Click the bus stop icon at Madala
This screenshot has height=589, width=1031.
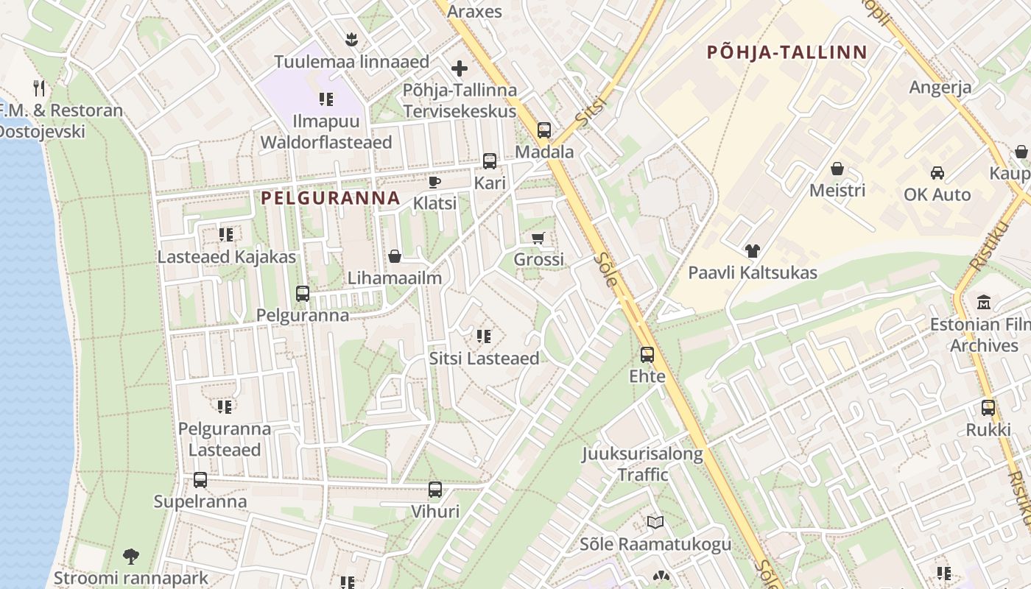[x=544, y=130]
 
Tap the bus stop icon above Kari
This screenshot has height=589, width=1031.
[x=490, y=161]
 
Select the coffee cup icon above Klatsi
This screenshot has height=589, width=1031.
[x=434, y=182]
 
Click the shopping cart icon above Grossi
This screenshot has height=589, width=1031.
[x=538, y=238]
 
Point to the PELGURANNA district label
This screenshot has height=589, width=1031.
[x=331, y=198]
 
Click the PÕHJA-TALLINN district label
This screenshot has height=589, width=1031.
[x=787, y=52]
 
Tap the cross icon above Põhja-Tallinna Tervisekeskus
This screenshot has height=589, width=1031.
[x=460, y=69]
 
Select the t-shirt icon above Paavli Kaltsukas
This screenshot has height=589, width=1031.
[x=752, y=251]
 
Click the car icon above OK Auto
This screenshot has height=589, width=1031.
[x=937, y=173]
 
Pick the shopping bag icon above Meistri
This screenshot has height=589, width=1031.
[x=837, y=169]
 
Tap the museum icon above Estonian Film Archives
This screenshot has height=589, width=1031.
[x=984, y=303]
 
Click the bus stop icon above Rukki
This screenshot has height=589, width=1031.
[x=988, y=408]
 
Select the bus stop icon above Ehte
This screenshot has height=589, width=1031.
[x=647, y=355]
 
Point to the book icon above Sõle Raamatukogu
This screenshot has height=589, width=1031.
[x=655, y=523]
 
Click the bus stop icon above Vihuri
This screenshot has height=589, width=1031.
[x=435, y=490]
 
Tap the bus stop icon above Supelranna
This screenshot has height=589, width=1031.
[x=200, y=480]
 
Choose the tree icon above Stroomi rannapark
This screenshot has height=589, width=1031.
[x=131, y=557]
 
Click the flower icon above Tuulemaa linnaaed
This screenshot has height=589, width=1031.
[x=351, y=39]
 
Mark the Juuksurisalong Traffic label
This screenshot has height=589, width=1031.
[x=643, y=464]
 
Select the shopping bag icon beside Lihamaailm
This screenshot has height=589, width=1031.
[x=395, y=256]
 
